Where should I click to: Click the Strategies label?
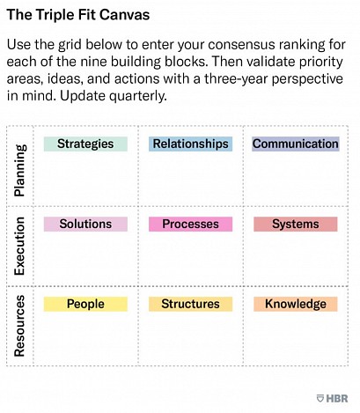click(x=85, y=144)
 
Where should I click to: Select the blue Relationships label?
click(x=190, y=144)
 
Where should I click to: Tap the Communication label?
click(x=296, y=144)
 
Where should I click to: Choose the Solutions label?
click(x=85, y=224)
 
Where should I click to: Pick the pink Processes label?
click(x=190, y=224)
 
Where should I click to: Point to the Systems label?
click(x=296, y=224)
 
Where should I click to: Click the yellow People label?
click(x=85, y=304)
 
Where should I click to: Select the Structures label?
click(x=190, y=304)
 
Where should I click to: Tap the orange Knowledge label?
click(x=296, y=304)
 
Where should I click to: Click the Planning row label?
click(x=20, y=170)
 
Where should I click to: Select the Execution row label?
click(x=20, y=246)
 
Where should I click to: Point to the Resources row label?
click(x=20, y=326)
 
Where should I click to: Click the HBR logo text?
click(x=337, y=398)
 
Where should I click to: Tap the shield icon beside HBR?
click(x=320, y=398)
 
